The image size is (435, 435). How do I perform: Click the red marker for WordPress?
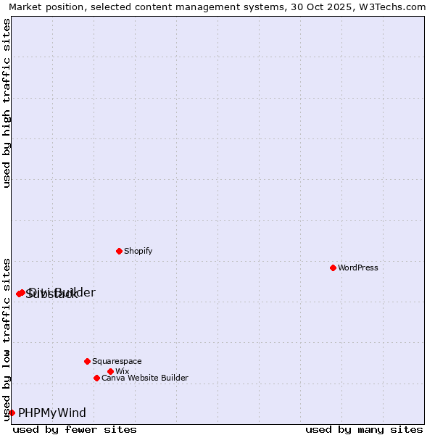point(333,268)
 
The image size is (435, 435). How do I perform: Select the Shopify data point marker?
point(119,251)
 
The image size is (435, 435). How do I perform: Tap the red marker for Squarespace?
point(87,361)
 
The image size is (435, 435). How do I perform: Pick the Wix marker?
point(110,371)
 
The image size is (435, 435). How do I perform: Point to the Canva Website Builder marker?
point(96,378)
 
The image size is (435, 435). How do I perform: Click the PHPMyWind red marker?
point(12,413)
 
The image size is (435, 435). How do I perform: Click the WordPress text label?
point(358,268)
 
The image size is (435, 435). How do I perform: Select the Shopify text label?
point(138,251)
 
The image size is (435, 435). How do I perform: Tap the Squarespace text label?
point(117,361)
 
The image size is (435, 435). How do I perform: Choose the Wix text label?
point(122,371)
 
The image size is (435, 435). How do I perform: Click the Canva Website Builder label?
point(145,378)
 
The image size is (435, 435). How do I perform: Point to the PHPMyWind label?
point(52,413)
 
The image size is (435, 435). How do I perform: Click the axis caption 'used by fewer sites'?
point(75,429)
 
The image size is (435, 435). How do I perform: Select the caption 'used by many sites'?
point(364,429)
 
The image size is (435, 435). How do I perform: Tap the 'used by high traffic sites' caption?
point(7,104)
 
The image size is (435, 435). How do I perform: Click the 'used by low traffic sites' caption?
point(7,339)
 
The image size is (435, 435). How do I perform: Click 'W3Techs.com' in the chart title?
point(397,7)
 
